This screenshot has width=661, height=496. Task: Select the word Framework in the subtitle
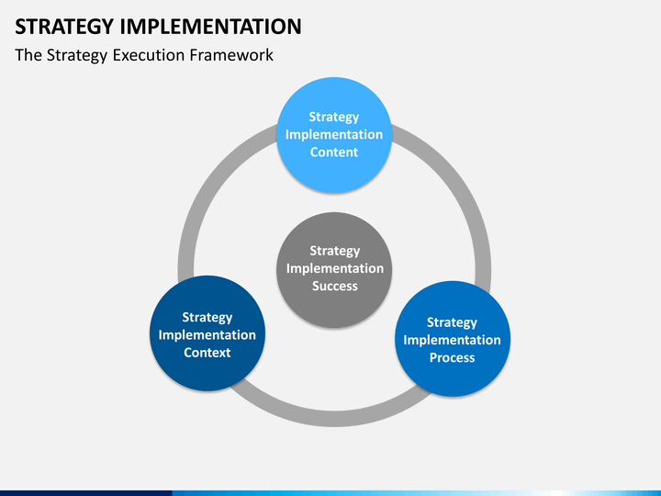231,55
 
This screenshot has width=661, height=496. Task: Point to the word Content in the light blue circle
334,152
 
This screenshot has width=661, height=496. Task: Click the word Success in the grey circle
335,286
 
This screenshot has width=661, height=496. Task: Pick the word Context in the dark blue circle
207,353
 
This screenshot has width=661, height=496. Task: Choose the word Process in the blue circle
452,357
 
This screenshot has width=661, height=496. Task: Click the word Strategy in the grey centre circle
335,251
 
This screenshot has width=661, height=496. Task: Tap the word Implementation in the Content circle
334,134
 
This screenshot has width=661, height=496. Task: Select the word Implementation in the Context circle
207,335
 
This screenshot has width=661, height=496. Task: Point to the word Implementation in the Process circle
452,340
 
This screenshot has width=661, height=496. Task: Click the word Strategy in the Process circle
452,322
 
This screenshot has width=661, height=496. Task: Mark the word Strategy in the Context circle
207,318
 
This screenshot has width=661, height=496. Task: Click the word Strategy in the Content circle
334,117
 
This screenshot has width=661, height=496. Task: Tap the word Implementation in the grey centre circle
335,268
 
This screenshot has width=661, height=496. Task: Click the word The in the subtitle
28,55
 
